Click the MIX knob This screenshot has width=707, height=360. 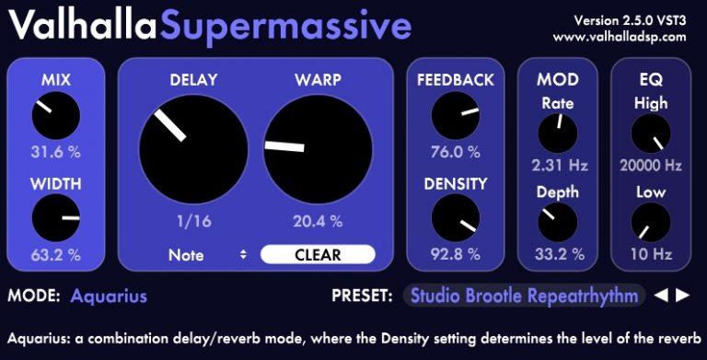55,117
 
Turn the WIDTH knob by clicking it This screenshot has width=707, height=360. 55,219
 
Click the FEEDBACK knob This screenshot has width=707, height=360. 455,117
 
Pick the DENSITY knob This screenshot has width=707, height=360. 455,219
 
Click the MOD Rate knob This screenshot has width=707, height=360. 557,134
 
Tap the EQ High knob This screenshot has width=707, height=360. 651,134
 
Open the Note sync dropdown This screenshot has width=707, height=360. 208,255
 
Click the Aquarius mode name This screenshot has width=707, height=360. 109,296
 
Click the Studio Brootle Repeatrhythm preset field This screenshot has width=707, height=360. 525,296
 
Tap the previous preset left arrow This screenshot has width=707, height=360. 662,296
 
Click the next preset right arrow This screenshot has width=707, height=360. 682,296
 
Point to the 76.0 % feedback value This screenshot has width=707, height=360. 455,152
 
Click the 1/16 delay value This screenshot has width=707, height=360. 193,221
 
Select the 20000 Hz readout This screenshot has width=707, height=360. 651,166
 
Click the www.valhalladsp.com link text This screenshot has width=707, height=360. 620,37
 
